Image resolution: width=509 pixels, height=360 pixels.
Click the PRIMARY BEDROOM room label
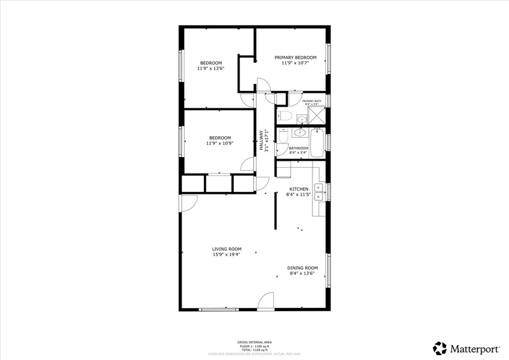(295, 58)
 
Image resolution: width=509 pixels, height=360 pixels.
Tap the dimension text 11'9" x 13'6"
(211, 69)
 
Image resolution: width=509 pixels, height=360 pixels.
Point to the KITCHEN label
(299, 189)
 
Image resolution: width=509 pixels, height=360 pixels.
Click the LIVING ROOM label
(227, 249)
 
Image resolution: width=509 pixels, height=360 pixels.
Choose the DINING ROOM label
(303, 268)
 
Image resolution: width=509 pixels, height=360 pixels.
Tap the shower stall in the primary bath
(316, 115)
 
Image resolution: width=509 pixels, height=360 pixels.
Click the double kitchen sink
(319, 191)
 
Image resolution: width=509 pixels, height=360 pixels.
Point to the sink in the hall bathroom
(299, 133)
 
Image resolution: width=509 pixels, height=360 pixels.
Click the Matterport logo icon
(439, 348)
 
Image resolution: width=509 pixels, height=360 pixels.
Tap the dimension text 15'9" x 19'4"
(227, 255)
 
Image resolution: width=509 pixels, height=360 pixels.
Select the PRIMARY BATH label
(312, 101)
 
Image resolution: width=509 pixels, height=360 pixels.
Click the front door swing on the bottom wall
(266, 300)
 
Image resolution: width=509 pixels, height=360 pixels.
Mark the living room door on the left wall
(189, 203)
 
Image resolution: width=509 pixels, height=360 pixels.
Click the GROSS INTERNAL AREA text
(254, 342)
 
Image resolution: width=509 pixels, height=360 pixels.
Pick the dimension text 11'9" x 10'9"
(220, 143)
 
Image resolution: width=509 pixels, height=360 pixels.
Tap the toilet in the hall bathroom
(283, 136)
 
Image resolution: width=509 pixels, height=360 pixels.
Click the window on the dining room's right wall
(328, 270)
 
